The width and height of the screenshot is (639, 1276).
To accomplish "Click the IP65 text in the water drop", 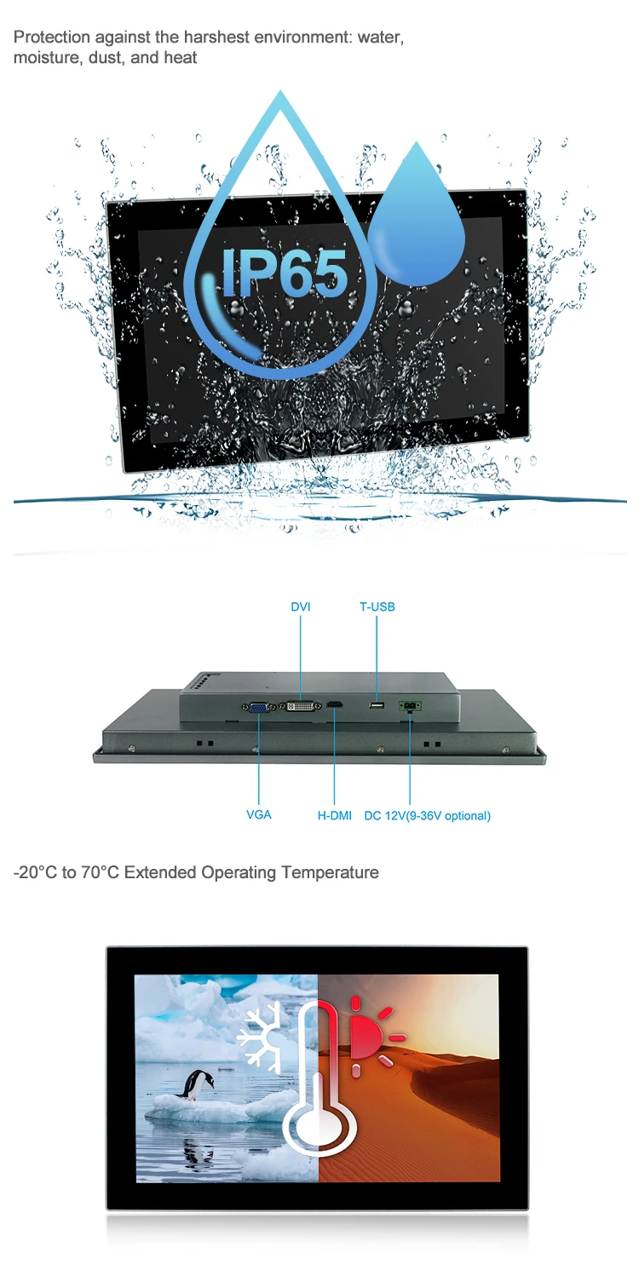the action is [285, 273].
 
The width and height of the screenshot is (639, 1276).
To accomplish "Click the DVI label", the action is [301, 606].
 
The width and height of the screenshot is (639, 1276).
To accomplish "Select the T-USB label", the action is [377, 606].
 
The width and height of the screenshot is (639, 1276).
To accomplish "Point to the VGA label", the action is [259, 815].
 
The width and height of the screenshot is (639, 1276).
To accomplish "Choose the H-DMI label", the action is [335, 815].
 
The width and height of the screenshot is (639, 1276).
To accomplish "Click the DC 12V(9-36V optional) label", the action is [427, 815].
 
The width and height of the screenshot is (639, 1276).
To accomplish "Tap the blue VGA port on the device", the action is [257, 706].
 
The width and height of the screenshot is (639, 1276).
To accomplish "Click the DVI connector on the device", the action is [301, 706].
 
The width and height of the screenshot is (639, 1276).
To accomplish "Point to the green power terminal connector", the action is [409, 706].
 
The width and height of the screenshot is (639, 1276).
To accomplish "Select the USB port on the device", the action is [376, 705].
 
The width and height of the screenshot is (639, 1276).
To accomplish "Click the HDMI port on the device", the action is [336, 705].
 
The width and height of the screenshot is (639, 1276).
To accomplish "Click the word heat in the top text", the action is [181, 58].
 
